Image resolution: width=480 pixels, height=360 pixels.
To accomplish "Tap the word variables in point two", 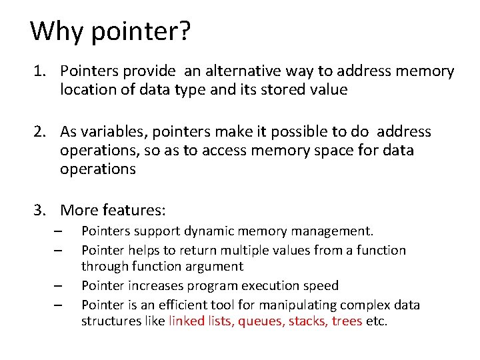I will (x=114, y=132).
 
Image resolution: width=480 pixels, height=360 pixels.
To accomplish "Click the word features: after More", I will (x=133, y=211).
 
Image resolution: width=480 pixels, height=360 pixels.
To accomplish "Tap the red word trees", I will (x=345, y=321).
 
